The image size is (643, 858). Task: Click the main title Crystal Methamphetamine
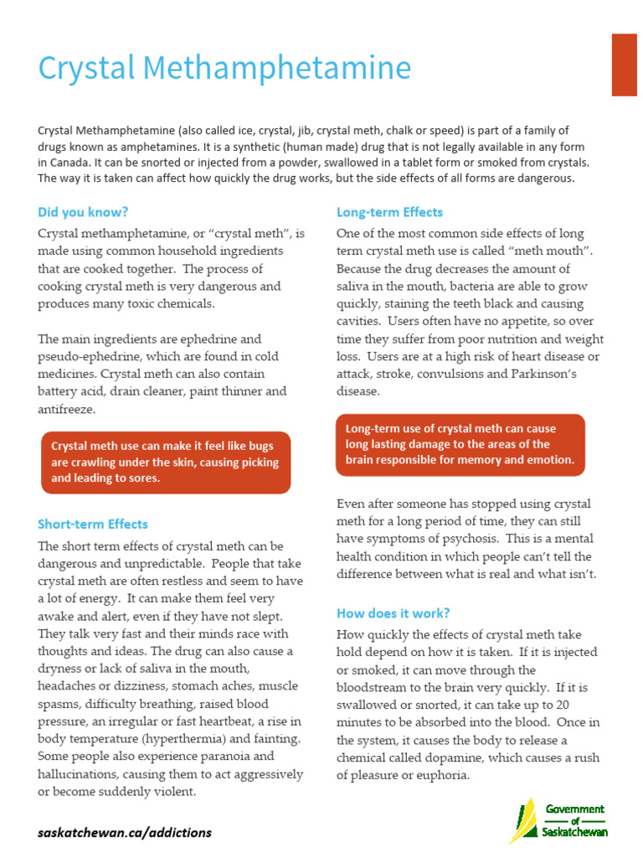point(224,68)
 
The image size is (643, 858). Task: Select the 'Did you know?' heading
point(83,212)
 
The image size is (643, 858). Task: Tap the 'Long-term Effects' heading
point(389,212)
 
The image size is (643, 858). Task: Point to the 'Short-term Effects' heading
point(92,524)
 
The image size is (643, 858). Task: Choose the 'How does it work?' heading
point(393,612)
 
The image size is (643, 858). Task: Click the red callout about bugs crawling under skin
point(165,462)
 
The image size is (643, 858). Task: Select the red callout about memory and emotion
point(460,444)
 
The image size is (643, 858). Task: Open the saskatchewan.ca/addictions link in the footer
point(125,832)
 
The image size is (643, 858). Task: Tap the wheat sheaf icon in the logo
point(522,820)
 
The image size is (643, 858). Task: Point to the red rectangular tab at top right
point(625,65)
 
